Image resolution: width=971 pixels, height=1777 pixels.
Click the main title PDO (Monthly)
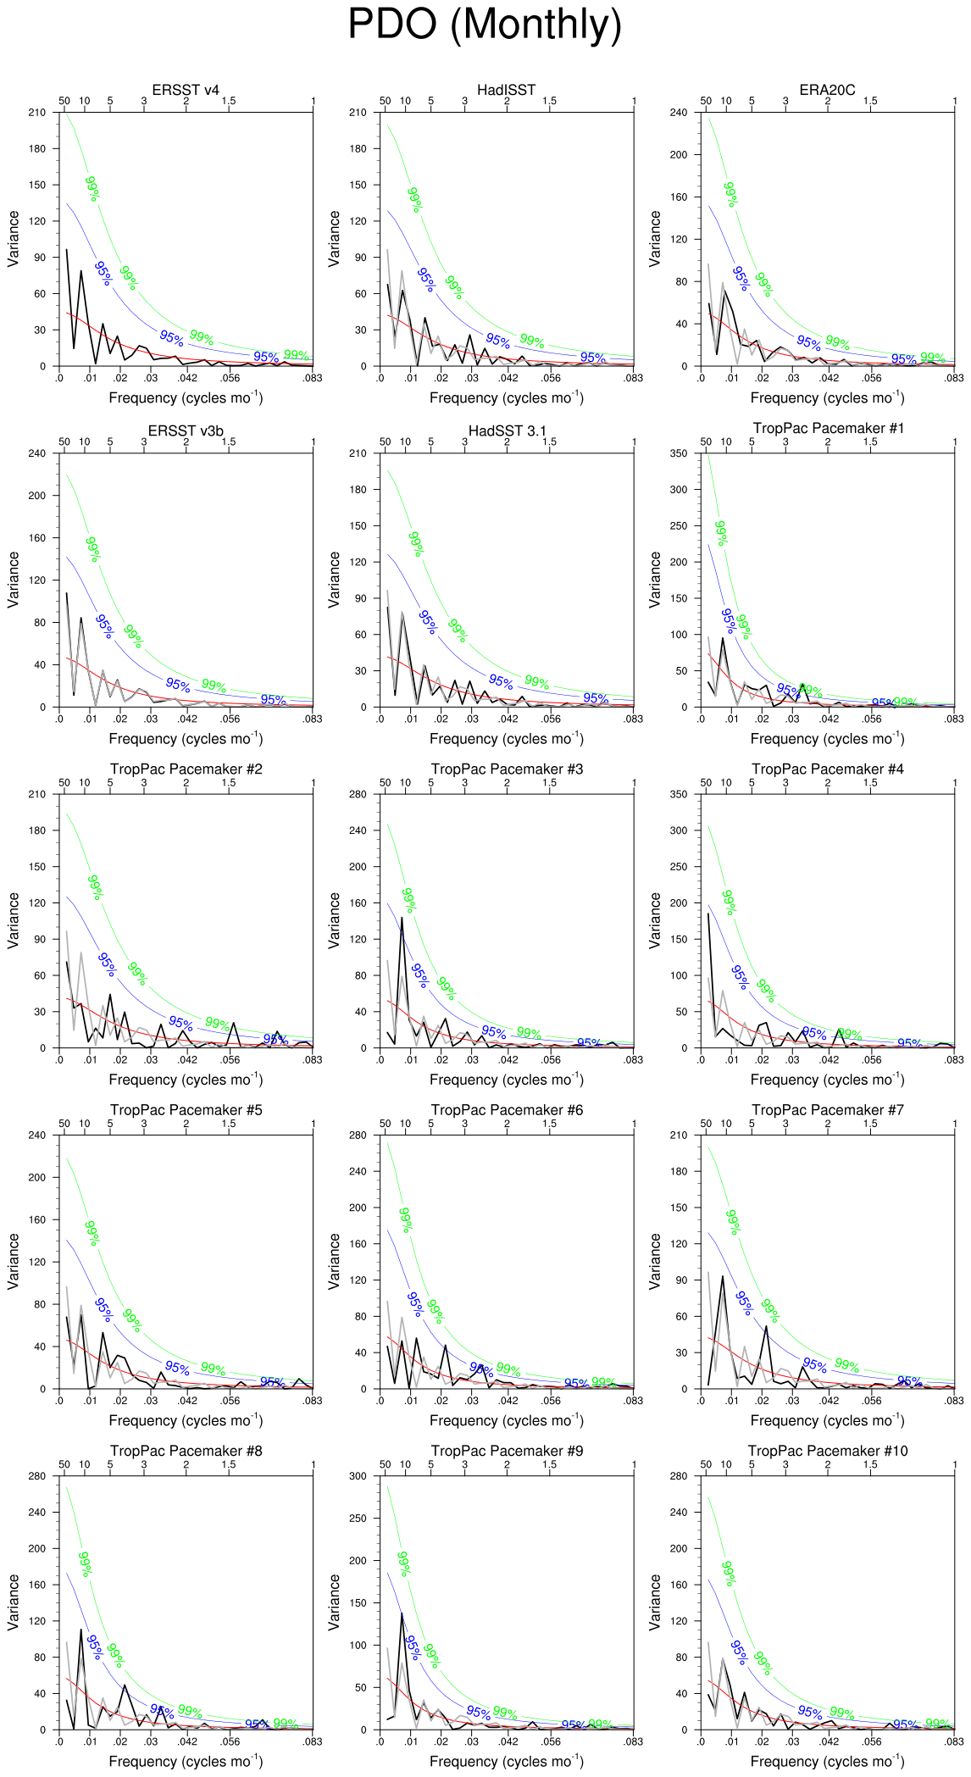point(485,25)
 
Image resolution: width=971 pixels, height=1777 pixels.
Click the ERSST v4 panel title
point(186,90)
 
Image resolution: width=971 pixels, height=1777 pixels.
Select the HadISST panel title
point(506,90)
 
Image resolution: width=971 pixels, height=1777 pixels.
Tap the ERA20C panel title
point(827,90)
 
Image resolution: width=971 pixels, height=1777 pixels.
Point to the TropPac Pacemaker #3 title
point(507,769)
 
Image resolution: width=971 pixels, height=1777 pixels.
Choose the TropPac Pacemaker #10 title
point(827,1451)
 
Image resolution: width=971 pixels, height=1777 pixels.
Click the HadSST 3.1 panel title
point(507,431)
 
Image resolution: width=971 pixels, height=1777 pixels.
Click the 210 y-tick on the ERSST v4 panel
point(36,113)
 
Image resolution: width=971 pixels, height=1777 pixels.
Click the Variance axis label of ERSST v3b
point(14,580)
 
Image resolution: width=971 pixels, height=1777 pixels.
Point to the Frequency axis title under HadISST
point(507,398)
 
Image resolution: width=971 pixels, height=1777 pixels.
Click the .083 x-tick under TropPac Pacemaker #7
point(954,1401)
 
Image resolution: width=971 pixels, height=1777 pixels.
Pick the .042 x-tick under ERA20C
point(829,378)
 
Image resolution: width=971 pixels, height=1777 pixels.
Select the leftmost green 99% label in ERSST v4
point(92,189)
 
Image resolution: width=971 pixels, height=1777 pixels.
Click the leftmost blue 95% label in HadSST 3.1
point(427,623)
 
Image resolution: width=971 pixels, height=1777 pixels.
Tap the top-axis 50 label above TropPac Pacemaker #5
point(64,1124)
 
